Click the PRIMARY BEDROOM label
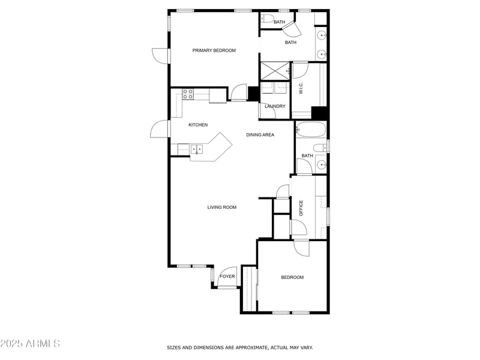tap(214, 50)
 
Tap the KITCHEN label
tap(198, 125)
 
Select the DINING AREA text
tap(260, 135)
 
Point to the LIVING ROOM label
tap(222, 208)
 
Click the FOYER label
tap(227, 277)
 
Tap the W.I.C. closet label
tap(301, 89)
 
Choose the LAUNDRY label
tap(275, 107)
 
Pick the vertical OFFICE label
tap(301, 208)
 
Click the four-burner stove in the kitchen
tap(188, 94)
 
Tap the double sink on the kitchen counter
tap(197, 149)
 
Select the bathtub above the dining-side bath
tap(310, 129)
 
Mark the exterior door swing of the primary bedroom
tap(161, 56)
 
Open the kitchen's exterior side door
tap(160, 129)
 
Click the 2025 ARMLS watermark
tap(30, 344)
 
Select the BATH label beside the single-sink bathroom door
tap(307, 156)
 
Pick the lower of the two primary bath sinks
tap(322, 55)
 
